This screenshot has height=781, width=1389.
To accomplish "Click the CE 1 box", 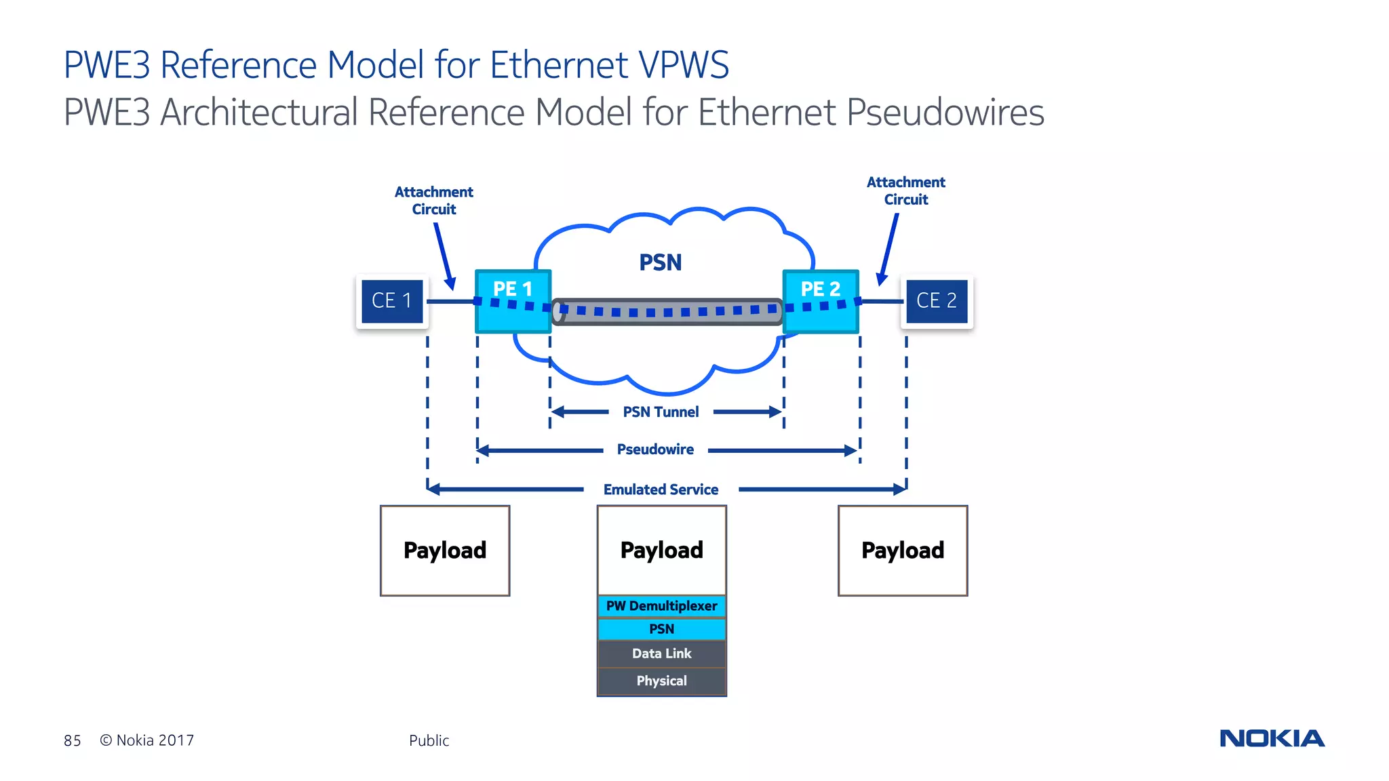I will pyautogui.click(x=392, y=300).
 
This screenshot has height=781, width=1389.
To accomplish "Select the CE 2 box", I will pyautogui.click(x=937, y=300).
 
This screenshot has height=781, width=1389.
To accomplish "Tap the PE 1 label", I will pyautogui.click(x=513, y=289).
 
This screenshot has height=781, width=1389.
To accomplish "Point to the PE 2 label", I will pyautogui.click(x=821, y=289).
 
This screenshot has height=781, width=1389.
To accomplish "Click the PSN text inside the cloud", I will pyautogui.click(x=661, y=262).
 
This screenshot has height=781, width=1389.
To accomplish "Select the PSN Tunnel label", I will pyautogui.click(x=661, y=412).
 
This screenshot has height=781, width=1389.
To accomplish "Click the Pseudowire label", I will pyautogui.click(x=655, y=449).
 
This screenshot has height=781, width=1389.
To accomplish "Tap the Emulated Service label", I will pyautogui.click(x=661, y=489).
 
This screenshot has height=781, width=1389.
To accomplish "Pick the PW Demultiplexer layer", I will pyautogui.click(x=662, y=606).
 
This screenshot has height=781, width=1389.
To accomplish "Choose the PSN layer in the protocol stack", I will pyautogui.click(x=662, y=629).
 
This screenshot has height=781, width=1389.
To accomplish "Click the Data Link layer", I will pyautogui.click(x=662, y=654).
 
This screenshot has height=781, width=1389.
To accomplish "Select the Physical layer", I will pyautogui.click(x=662, y=681).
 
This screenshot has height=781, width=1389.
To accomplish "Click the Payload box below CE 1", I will pyautogui.click(x=445, y=550).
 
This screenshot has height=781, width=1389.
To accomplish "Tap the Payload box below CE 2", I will pyautogui.click(x=903, y=550).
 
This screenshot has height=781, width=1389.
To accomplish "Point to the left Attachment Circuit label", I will pyautogui.click(x=434, y=201).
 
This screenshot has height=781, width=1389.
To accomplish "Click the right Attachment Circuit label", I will pyautogui.click(x=906, y=191).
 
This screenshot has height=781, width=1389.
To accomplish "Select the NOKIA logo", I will pyautogui.click(x=1272, y=738).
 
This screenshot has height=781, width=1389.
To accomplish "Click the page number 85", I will pyautogui.click(x=73, y=741).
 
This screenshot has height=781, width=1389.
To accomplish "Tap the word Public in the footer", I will pyautogui.click(x=429, y=741).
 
